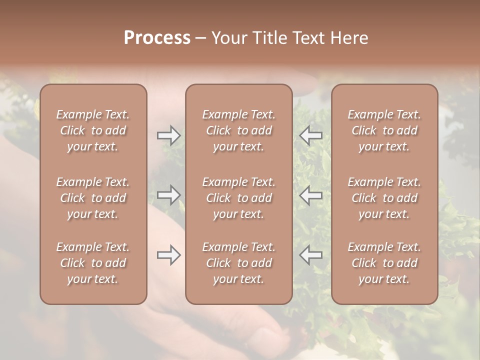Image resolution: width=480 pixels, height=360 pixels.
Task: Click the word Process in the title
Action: click(157, 38)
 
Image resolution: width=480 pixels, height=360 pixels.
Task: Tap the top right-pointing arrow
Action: click(168, 135)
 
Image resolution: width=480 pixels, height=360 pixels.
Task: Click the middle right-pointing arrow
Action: click(168, 194)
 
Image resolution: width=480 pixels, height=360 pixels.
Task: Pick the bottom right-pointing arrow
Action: click(168, 255)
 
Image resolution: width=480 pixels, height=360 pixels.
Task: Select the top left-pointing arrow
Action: click(311, 135)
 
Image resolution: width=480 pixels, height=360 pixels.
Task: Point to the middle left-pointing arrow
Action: click(311, 194)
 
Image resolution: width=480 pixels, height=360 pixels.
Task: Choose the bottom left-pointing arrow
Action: click(311, 255)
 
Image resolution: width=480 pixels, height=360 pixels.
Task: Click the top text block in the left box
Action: click(93, 130)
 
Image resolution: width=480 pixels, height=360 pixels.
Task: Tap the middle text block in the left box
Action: click(93, 198)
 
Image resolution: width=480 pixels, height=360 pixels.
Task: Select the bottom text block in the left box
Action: click(93, 263)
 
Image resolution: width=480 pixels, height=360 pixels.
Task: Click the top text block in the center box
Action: click(238, 130)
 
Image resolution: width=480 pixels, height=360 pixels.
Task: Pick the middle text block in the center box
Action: click(238, 198)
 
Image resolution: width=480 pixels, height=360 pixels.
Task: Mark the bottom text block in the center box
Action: click(238, 263)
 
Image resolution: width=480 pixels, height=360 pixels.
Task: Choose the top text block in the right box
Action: click(384, 130)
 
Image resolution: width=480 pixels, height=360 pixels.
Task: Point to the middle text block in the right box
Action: click(384, 198)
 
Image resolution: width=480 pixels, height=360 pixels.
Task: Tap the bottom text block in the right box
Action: click(384, 263)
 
